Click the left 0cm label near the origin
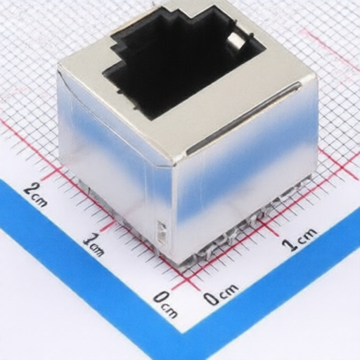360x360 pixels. click(165, 302)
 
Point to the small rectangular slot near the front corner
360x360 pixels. click(161, 233)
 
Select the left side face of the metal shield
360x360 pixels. click(112, 162)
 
